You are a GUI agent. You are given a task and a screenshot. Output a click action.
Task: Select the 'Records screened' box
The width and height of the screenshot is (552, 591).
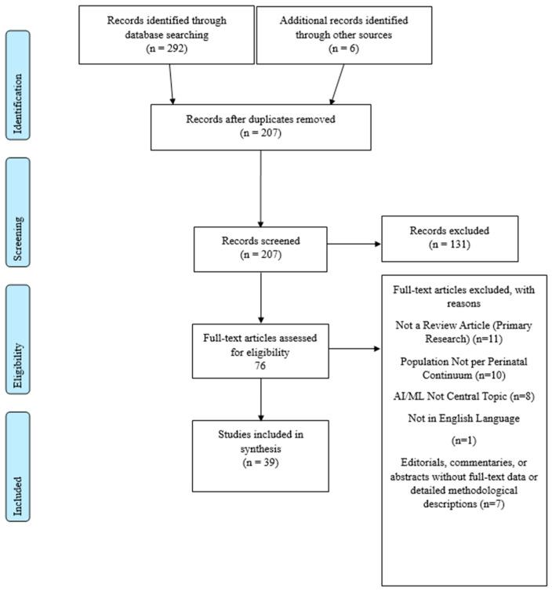point(260,248)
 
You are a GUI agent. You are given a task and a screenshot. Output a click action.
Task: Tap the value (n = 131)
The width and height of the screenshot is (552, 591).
point(449,247)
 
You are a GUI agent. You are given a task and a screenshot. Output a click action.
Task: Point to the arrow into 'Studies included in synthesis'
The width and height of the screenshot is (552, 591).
point(260,406)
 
